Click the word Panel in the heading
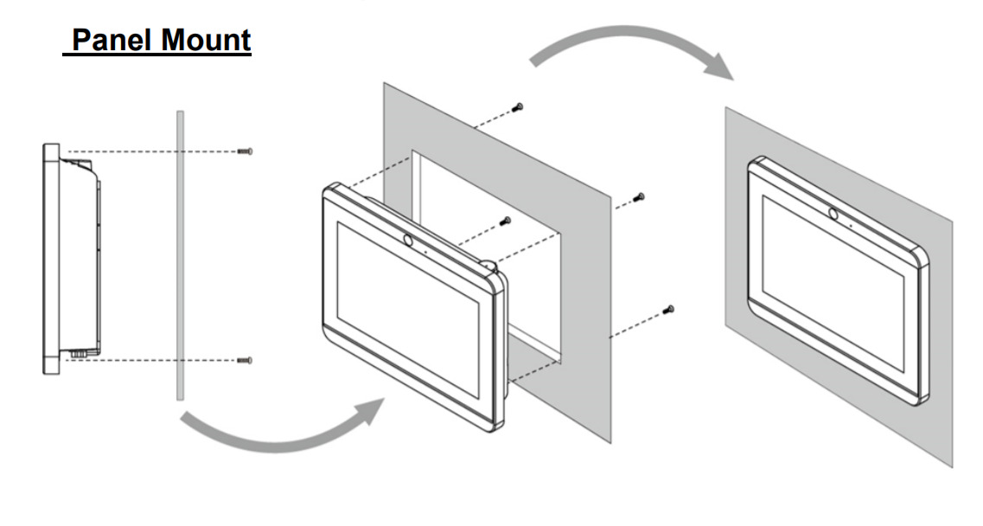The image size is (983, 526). click(110, 40)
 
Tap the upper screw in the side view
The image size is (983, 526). click(246, 151)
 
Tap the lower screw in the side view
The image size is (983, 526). click(246, 360)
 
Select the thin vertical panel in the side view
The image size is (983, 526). click(181, 255)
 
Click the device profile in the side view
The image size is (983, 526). click(70, 259)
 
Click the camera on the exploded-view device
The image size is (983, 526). click(407, 240)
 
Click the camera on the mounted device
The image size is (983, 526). click(833, 214)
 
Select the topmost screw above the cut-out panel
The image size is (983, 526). click(517, 107)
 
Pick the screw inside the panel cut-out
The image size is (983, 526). click(505, 221)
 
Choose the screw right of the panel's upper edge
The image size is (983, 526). click(639, 198)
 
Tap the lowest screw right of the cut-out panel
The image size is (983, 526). click(668, 310)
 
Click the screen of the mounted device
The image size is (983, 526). click(833, 282)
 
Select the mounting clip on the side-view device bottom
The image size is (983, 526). click(79, 354)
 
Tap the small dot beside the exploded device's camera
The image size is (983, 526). click(425, 250)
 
